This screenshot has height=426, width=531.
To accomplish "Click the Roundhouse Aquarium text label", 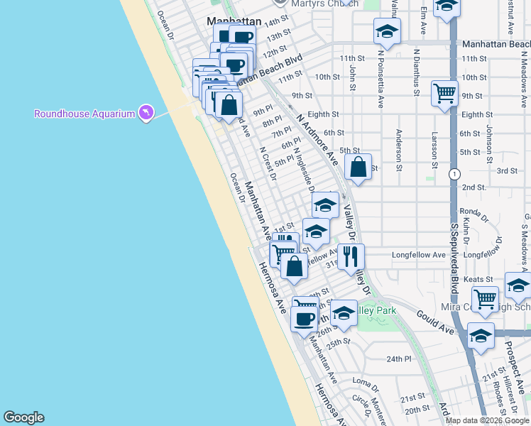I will pos(84,114).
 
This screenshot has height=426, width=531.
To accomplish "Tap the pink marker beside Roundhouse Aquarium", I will pos(146,113).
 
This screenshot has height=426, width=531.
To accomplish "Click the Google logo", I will pos(23,417).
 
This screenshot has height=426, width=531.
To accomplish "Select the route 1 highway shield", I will pos(454,174).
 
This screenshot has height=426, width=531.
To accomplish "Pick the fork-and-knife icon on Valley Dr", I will pos(350,256).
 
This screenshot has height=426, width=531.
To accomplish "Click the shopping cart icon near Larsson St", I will pos(444,93).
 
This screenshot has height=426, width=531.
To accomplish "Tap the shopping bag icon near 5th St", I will pos(358,168).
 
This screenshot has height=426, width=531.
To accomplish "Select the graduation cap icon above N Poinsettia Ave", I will pos(387,31).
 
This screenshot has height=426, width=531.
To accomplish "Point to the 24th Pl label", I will pos(399,359).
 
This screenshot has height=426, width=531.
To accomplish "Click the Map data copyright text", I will pos(487,420).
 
